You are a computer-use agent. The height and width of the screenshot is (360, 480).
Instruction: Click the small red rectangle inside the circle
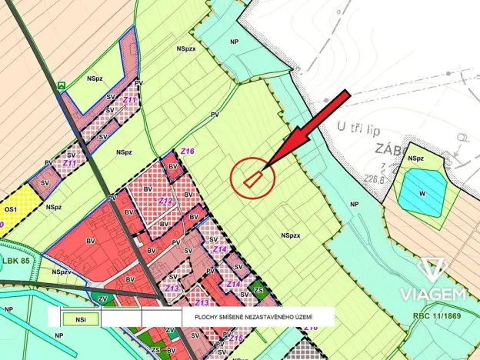(x=253, y=178)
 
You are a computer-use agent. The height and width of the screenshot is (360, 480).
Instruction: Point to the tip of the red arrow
(x=265, y=168)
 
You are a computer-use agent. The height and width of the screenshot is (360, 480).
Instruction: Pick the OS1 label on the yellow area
(x=11, y=208)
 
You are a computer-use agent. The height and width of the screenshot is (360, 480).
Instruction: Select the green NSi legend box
(x=82, y=315)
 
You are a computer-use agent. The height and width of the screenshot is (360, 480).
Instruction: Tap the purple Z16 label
(x=187, y=152)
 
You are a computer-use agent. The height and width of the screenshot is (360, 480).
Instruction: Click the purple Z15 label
(x=235, y=338)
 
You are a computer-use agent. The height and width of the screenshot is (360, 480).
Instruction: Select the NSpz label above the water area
(x=416, y=158)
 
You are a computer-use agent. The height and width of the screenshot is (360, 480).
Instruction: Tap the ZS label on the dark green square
(x=258, y=290)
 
